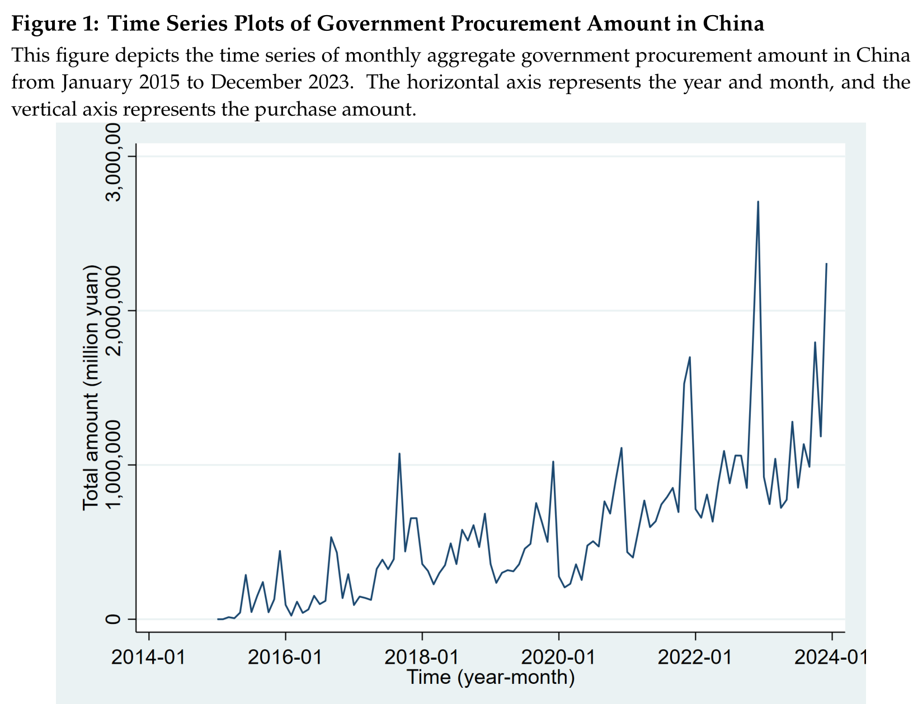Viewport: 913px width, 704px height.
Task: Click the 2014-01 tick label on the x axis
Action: point(148,656)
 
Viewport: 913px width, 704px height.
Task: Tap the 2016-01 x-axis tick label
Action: point(285,656)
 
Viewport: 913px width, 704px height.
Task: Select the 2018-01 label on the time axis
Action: point(422,656)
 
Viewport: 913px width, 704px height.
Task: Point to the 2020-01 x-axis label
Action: point(558,656)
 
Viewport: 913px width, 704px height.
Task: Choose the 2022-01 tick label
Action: point(695,656)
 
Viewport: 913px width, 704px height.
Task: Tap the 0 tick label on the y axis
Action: point(114,619)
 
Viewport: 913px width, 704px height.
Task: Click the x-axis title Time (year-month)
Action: point(491,677)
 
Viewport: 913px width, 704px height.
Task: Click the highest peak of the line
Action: point(757,202)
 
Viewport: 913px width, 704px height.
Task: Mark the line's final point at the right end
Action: point(826,264)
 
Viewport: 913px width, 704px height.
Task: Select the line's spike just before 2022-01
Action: point(690,357)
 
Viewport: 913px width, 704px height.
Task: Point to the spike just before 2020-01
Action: point(553,462)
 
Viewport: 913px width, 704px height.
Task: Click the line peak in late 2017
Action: point(399,454)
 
